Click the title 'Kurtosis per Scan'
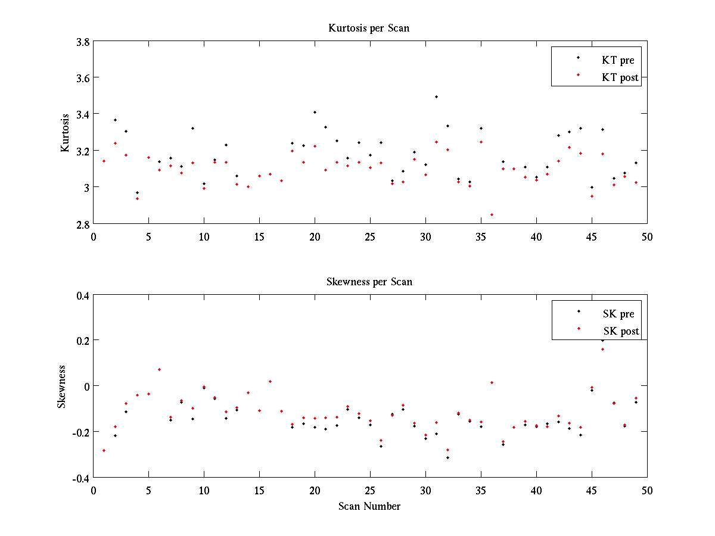click(369, 28)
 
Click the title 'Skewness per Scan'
click(369, 282)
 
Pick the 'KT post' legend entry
click(620, 77)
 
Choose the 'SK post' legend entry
click(620, 331)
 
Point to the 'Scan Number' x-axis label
click(369, 506)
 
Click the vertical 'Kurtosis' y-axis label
click(66, 133)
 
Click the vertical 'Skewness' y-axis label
click(61, 387)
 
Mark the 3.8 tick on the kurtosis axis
click(83, 42)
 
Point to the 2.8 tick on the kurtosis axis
click(83, 225)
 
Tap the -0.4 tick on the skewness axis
click(81, 478)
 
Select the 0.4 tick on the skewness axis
click(82, 295)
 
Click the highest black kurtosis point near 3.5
click(436, 96)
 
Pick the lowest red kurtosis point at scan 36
click(492, 214)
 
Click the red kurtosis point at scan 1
click(104, 161)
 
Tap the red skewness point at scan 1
click(104, 450)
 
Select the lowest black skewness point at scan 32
click(447, 457)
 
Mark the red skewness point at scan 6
click(159, 369)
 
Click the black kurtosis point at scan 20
click(315, 112)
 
